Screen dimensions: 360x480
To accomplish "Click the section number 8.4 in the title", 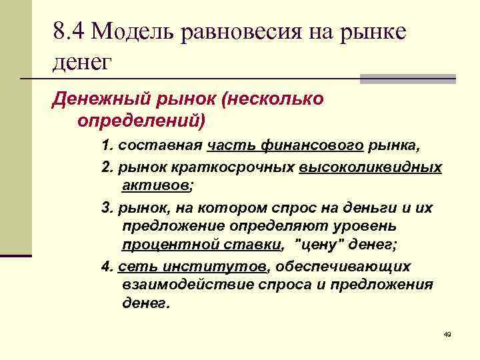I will pyautogui.click(x=69, y=31).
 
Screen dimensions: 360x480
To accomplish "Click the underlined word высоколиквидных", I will pyautogui.click(x=370, y=166).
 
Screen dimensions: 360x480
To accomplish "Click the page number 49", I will pyautogui.click(x=447, y=333).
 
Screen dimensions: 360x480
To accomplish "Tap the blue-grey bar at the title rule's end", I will pyautogui.click(x=407, y=79).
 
